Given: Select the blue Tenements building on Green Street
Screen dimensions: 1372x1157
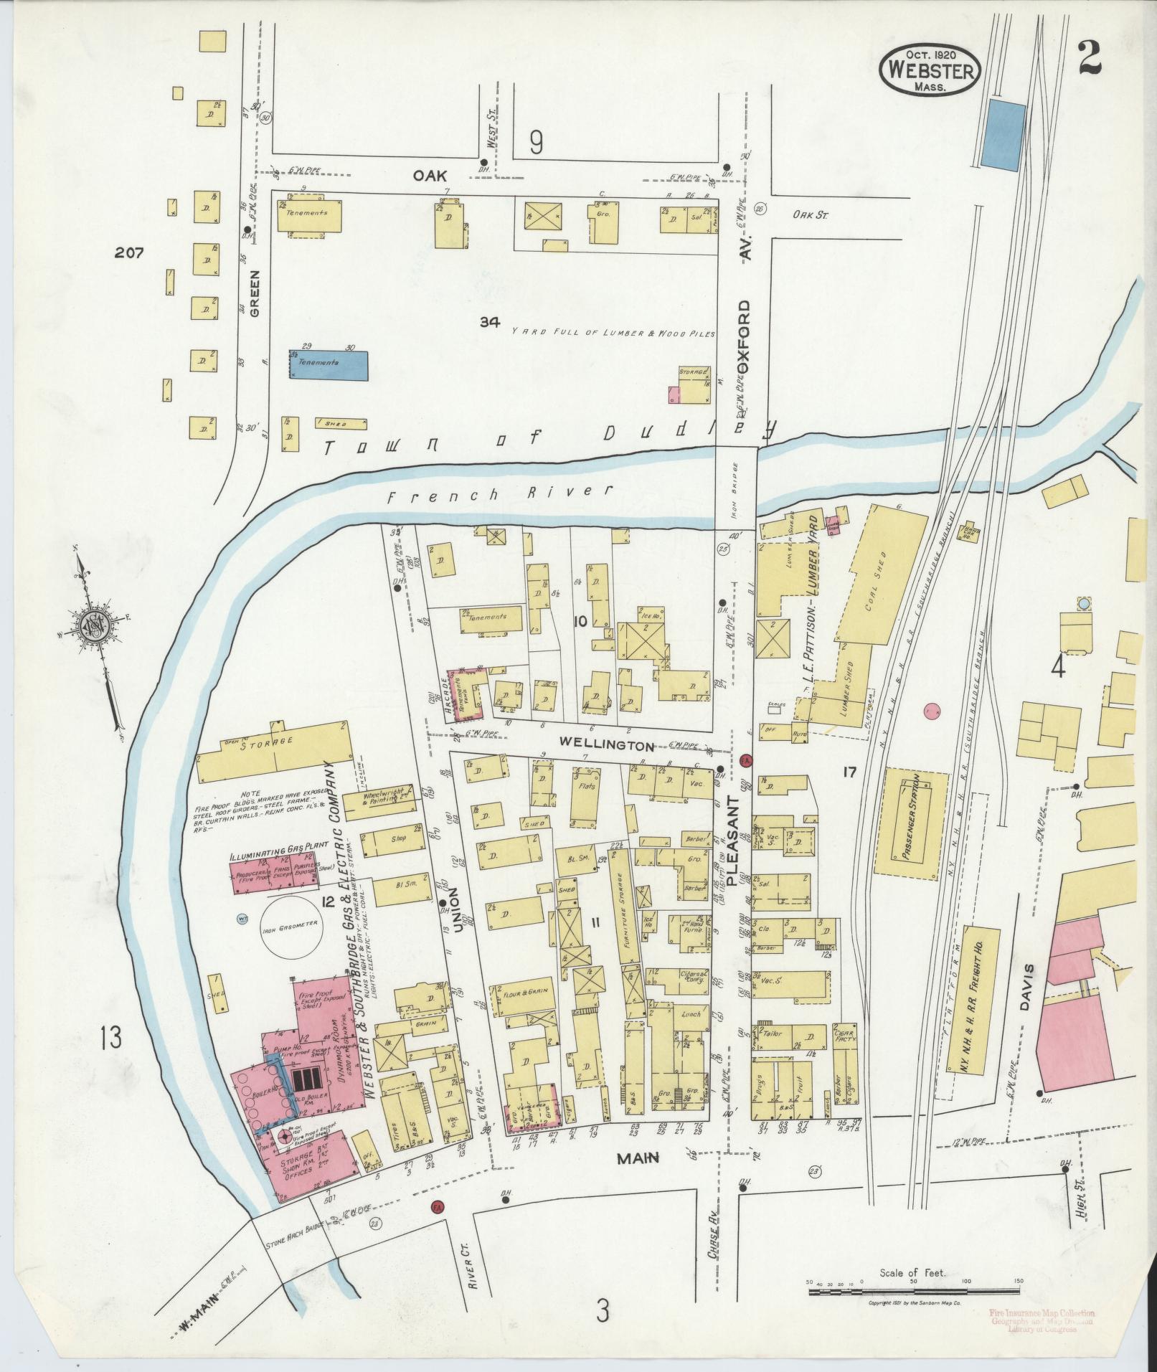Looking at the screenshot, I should coord(329,365).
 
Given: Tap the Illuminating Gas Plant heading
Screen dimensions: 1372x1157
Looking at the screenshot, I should coord(277,856).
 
